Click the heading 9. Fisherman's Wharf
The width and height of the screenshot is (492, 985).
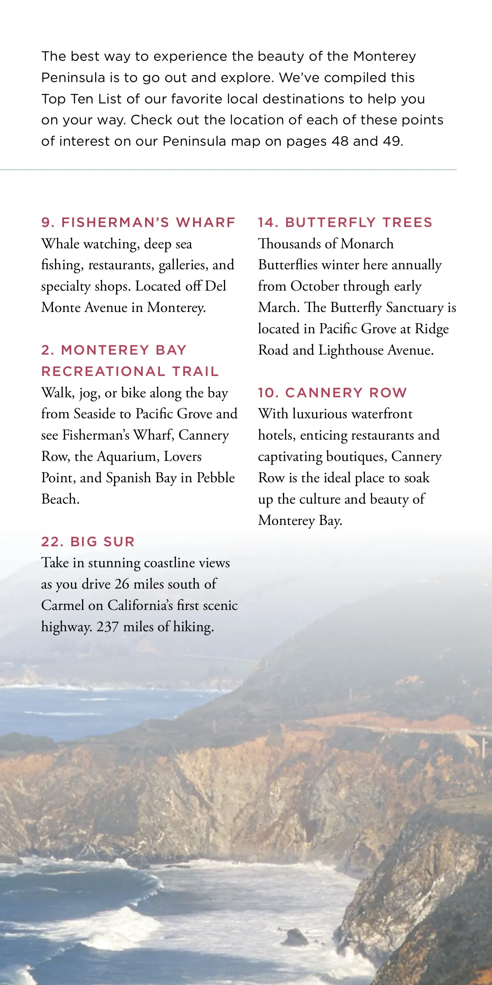[138, 222]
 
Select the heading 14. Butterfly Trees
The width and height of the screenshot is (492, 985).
[345, 222]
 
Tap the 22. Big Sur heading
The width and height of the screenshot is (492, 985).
[88, 542]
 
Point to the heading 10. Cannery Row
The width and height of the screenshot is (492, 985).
[332, 393]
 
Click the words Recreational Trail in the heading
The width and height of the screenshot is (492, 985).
[130, 371]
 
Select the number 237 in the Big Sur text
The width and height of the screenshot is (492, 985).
[107, 627]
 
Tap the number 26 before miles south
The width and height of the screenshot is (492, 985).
[122, 584]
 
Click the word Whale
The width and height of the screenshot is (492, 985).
[60, 244]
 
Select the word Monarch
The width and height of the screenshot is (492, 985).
[367, 244]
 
